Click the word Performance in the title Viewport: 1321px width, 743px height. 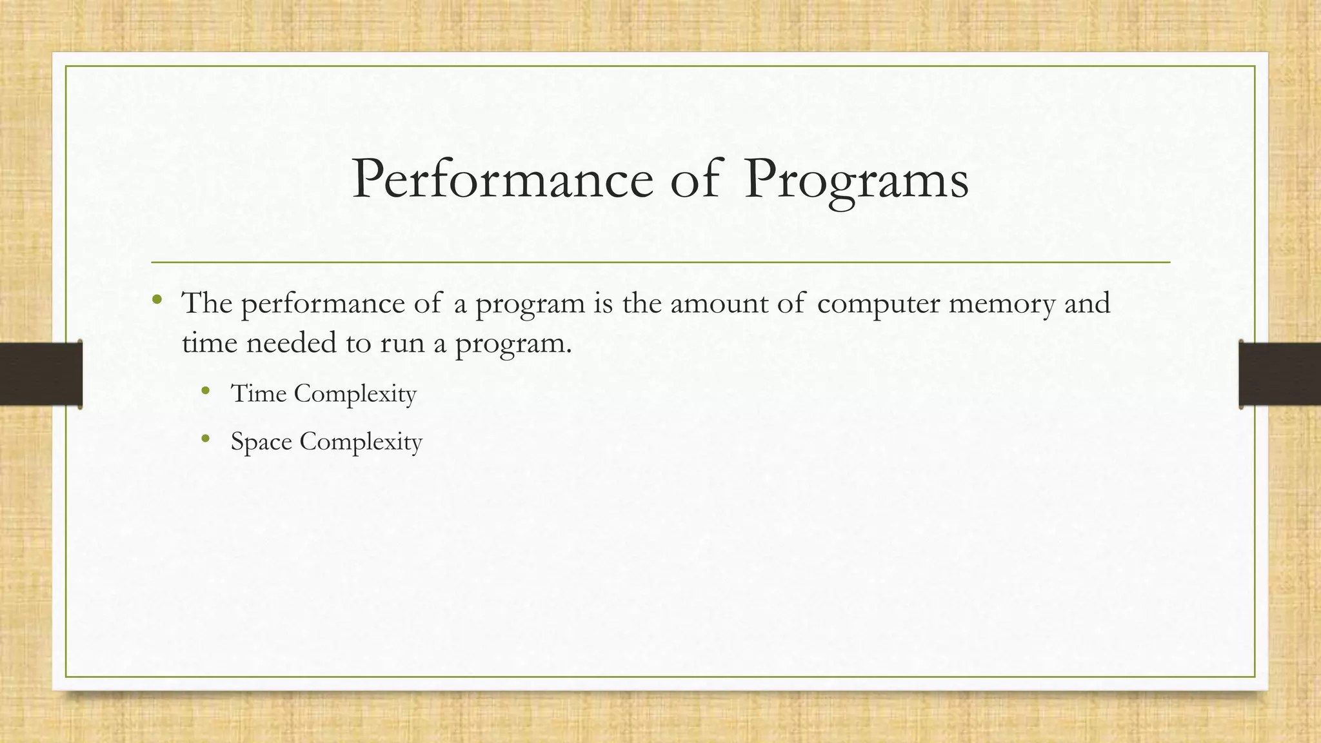[x=502, y=179]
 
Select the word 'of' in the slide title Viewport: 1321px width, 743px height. [x=694, y=179]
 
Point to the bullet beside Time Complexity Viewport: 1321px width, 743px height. [x=206, y=390]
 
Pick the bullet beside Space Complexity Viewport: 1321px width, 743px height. [x=206, y=439]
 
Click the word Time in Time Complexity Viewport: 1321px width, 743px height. [x=259, y=393]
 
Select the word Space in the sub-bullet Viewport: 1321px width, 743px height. [x=261, y=442]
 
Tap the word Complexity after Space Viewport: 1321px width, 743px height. [x=361, y=442]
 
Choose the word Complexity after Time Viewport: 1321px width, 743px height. [x=355, y=393]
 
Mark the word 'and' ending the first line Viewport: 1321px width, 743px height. [x=1087, y=302]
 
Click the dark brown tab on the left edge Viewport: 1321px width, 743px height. [x=41, y=374]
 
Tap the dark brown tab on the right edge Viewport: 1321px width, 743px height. [x=1280, y=374]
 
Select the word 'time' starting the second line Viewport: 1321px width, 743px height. [x=209, y=342]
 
